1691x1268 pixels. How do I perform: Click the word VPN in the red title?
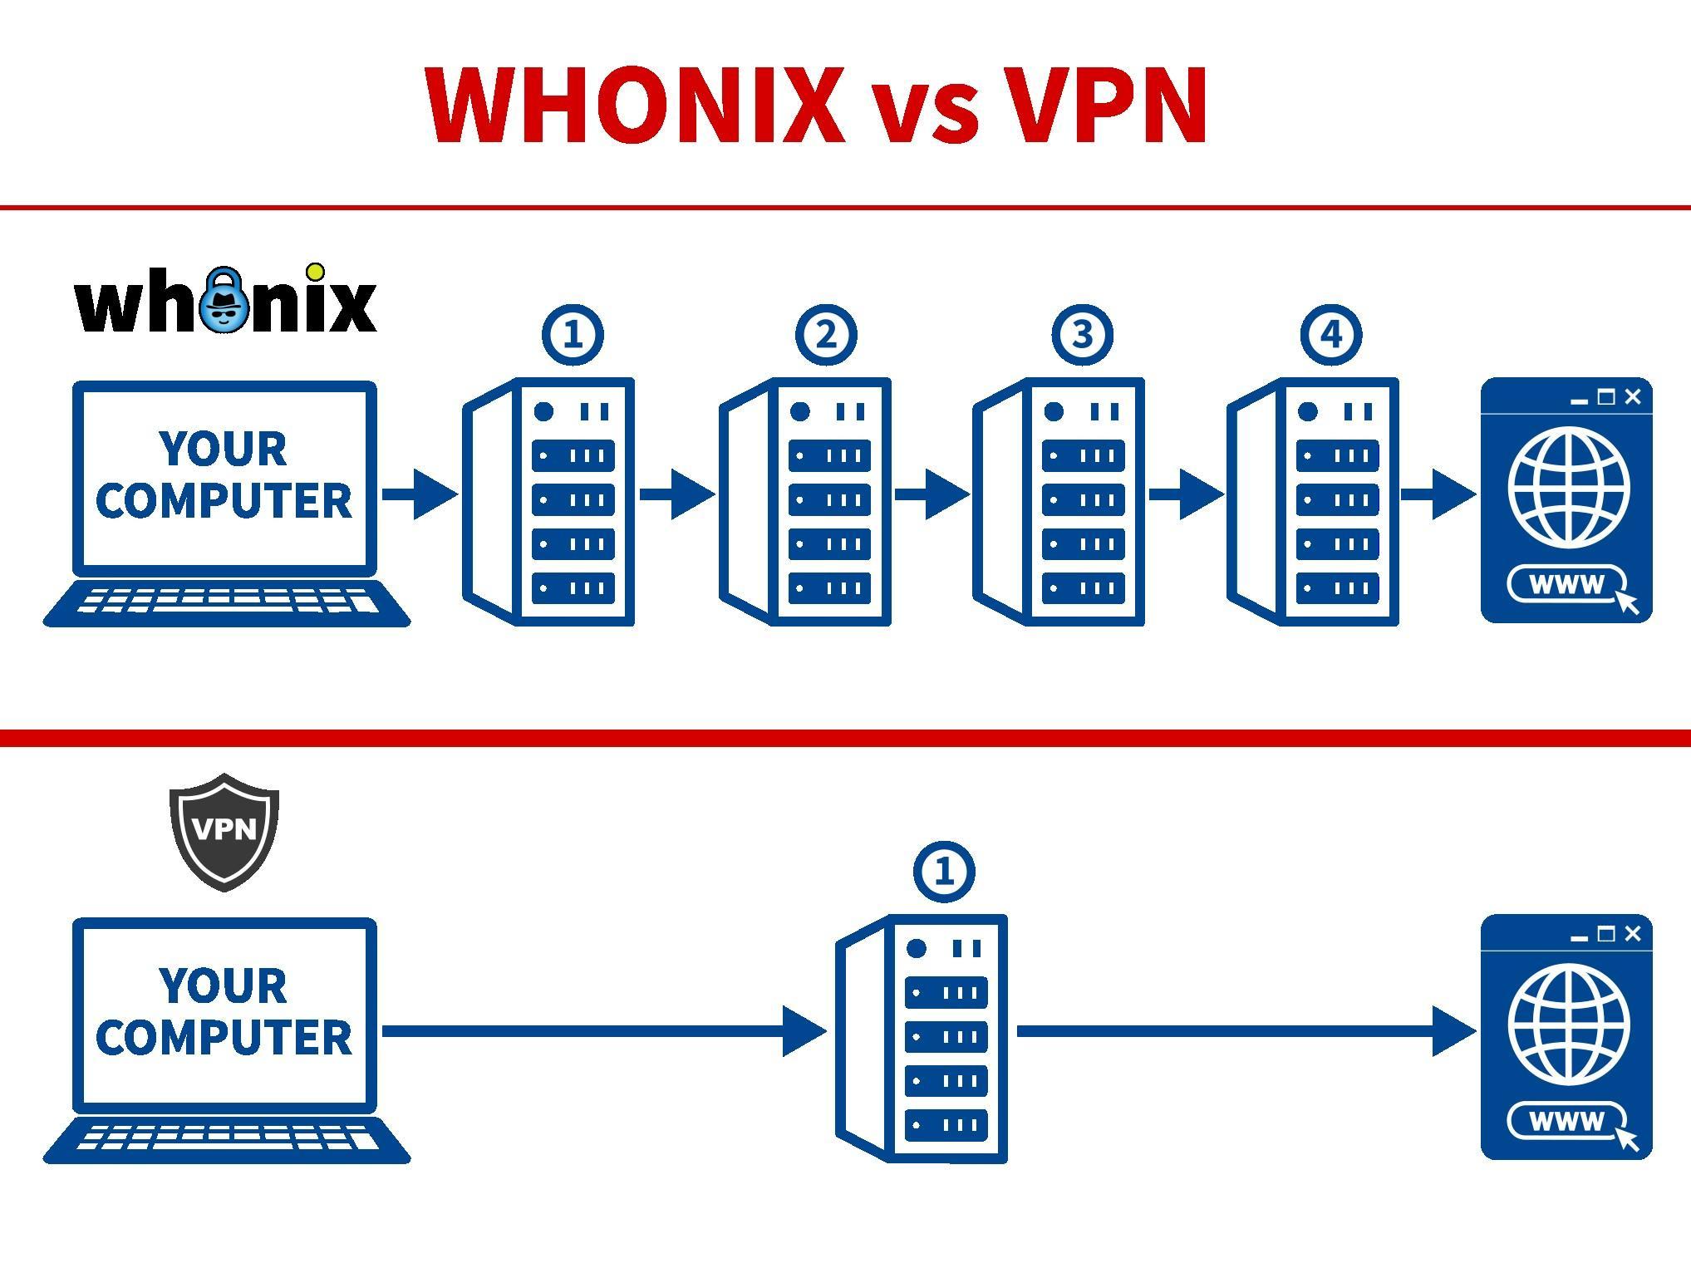(x=1105, y=106)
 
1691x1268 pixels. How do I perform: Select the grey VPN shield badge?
(x=224, y=831)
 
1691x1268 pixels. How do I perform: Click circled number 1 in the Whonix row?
(x=573, y=335)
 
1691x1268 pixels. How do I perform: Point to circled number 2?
(x=826, y=335)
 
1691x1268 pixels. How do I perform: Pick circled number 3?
(x=1082, y=335)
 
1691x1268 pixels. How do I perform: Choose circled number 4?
(x=1331, y=335)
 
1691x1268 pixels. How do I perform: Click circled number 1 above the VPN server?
(x=944, y=872)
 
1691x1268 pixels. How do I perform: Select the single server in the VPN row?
(x=922, y=1038)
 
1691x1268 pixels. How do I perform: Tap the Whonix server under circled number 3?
(x=1059, y=502)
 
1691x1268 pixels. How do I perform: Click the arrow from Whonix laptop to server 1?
(x=420, y=494)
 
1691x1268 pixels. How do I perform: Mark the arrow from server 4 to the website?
(x=1438, y=494)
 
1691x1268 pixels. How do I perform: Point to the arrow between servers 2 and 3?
(x=932, y=494)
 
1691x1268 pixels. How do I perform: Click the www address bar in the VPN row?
(x=1566, y=1122)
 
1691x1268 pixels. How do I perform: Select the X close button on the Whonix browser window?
(x=1633, y=397)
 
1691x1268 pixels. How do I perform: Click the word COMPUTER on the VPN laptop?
(x=224, y=1038)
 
